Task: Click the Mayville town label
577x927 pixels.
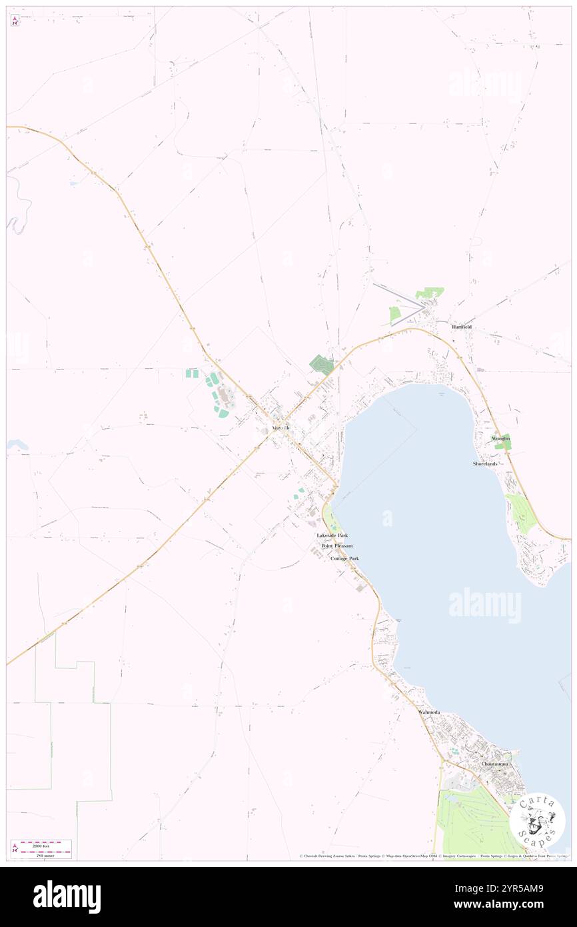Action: coord(281,427)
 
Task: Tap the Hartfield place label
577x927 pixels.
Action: coord(462,327)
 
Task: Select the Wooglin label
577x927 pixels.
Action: coord(500,438)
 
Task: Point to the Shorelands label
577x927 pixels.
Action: coord(485,463)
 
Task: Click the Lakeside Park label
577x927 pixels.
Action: coord(332,536)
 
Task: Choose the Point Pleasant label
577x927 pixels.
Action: coord(337,546)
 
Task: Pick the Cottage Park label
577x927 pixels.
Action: coord(344,558)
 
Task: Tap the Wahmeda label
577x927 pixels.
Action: coord(429,712)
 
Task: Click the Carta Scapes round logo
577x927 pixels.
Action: coord(537,820)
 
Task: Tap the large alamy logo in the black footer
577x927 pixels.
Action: coord(67,897)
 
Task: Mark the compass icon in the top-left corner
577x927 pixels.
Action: coord(15,20)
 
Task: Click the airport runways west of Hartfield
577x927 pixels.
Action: coord(400,303)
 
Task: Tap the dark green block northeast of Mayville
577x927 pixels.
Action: coord(322,364)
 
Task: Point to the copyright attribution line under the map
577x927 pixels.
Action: coord(433,856)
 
